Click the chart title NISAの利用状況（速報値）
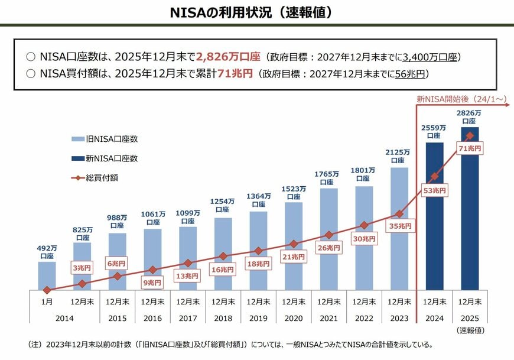point(256,12)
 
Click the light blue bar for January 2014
point(47,275)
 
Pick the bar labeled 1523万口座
point(294,248)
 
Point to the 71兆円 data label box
point(469,149)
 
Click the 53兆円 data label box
point(434,190)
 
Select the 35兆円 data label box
point(399,226)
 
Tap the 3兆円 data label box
point(82,268)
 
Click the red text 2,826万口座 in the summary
point(229,57)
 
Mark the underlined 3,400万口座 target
point(429,57)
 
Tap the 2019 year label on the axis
point(258,318)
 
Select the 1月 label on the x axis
point(47,301)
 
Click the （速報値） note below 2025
point(470,329)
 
